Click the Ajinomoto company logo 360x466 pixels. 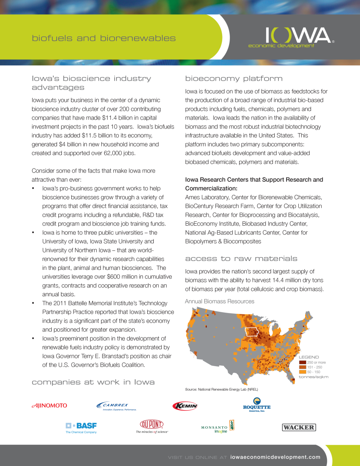pos(49,405)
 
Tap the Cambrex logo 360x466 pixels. pos(117,406)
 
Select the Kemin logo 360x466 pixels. pos(185,406)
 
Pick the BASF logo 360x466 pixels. pos(81,427)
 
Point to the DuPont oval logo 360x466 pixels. pos(152,424)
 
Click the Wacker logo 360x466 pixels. pos(299,427)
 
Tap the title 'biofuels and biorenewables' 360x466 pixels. pos(104,38)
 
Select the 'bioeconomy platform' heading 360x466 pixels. pos(234,78)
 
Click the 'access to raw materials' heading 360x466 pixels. pos(241,259)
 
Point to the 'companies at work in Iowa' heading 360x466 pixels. pos(93,382)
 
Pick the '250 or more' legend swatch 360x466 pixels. pos(303,362)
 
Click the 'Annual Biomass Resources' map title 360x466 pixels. pos(219,301)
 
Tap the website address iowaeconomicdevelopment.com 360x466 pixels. pos(275,457)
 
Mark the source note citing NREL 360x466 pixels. pos(221,389)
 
